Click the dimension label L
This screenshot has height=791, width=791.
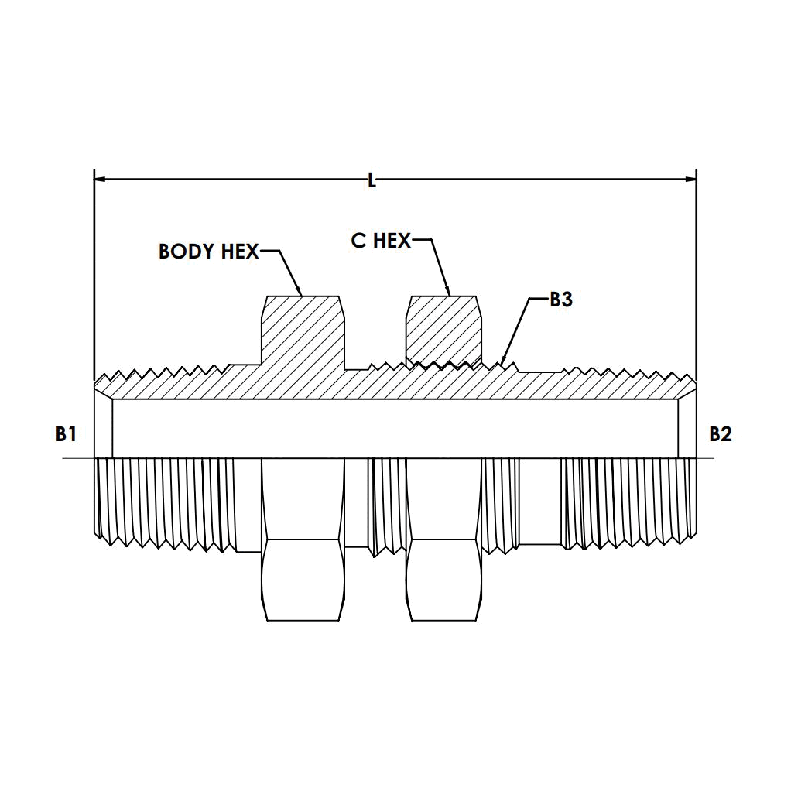coord(372,180)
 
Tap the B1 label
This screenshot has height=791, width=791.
coord(66,434)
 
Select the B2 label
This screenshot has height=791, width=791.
coord(721,434)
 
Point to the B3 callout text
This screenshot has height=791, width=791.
coord(561,300)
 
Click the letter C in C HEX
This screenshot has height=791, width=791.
coord(358,241)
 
